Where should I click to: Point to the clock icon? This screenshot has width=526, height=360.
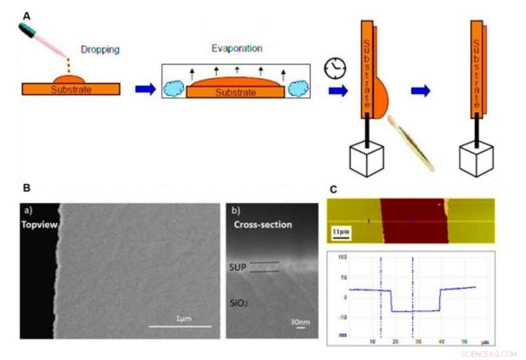point(334,68)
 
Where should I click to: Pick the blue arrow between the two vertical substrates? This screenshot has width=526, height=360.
point(420,90)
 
